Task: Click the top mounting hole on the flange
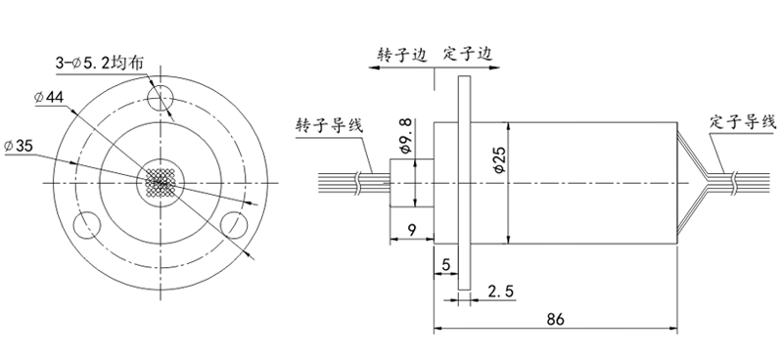[x=161, y=97]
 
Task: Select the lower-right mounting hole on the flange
[x=235, y=223]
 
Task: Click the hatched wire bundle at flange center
[x=161, y=182]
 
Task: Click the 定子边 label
[x=466, y=55]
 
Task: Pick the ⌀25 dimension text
[x=498, y=161]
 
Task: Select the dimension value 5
[x=445, y=264]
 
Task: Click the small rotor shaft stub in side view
[x=401, y=183]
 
